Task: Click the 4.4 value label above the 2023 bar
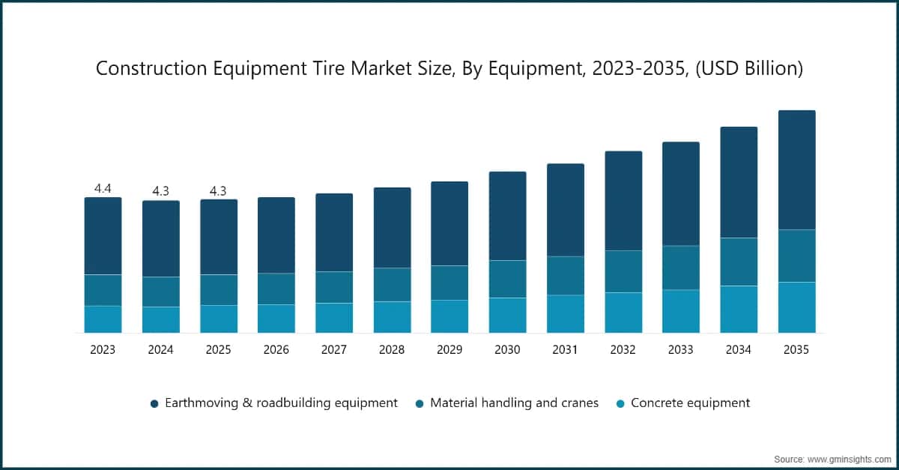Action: click(103, 189)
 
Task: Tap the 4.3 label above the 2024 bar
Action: click(160, 192)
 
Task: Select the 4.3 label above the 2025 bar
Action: click(218, 191)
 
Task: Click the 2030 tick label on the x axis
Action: click(507, 350)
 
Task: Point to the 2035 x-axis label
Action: click(796, 350)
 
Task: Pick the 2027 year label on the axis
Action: click(333, 350)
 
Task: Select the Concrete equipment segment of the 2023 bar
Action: click(103, 319)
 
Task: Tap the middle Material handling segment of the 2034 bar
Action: click(739, 262)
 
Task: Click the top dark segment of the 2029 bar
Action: click(449, 223)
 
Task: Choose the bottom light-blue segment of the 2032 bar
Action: click(623, 313)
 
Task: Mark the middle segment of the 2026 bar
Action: click(276, 289)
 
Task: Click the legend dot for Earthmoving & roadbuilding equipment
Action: click(154, 403)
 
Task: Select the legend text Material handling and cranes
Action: click(514, 403)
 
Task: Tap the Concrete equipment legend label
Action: click(690, 403)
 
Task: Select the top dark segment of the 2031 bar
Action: click(566, 210)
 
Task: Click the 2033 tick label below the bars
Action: click(681, 350)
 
